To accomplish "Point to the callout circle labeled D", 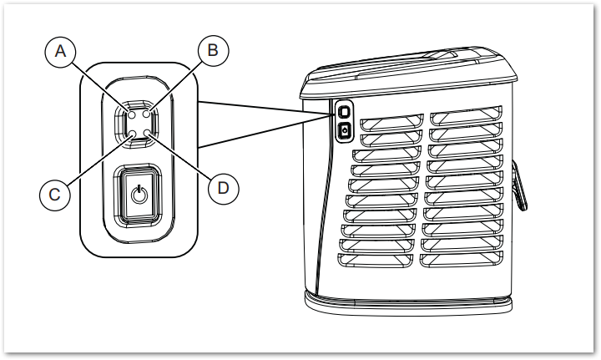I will pos(223,188).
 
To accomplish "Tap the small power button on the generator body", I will pos(344,130).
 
